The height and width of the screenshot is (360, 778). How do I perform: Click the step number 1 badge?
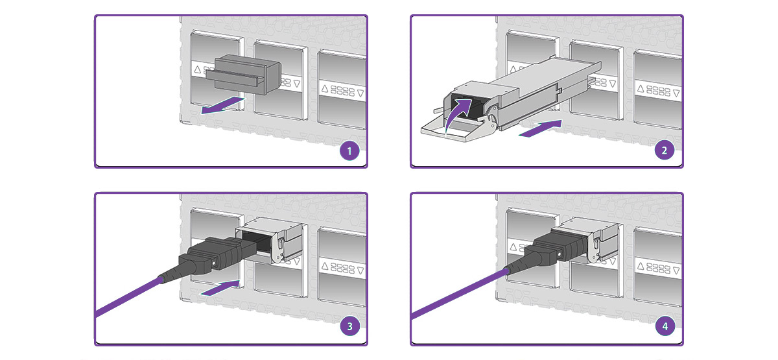coord(350,152)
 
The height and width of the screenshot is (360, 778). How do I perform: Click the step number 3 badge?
coord(350,328)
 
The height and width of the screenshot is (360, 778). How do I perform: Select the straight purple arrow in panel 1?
coord(222,106)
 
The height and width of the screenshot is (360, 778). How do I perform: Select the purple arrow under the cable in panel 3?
coord(223,286)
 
